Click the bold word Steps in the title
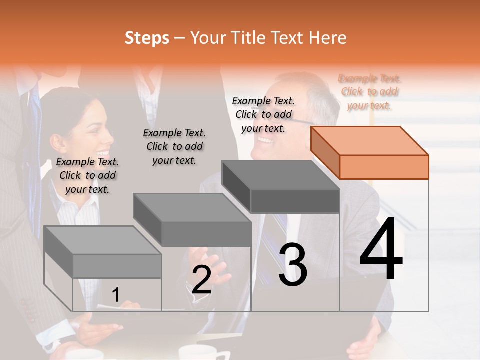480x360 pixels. tap(147, 38)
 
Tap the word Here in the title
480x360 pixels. tap(327, 38)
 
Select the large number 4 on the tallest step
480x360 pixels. tap(381, 250)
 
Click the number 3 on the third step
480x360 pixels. tap(292, 265)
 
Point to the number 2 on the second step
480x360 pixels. tap(201, 279)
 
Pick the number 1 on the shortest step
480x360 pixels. tap(115, 295)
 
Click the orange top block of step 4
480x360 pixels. tap(370, 152)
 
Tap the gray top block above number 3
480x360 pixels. tap(281, 186)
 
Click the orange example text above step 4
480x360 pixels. tap(369, 92)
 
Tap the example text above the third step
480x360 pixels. tap(263, 114)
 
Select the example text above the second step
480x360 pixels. tap(174, 146)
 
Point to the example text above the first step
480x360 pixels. tap(87, 175)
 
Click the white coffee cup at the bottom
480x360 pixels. tap(197, 352)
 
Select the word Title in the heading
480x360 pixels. tap(248, 38)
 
